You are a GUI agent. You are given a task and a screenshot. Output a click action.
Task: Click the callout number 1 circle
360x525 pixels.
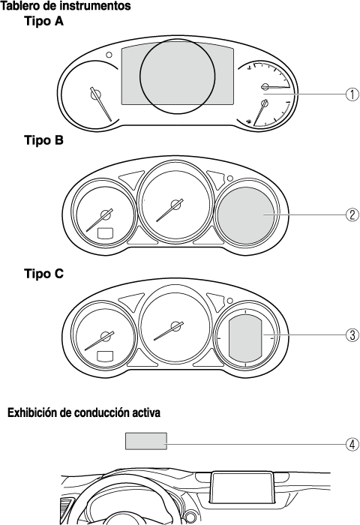pos(352,94)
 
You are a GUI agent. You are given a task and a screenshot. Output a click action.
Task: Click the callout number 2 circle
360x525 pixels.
pos(352,214)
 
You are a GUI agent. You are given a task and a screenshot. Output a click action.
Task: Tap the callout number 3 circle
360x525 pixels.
pos(352,334)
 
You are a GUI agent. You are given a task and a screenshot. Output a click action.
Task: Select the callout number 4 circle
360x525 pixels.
pos(352,445)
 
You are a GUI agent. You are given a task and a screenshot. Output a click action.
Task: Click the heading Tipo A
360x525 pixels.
pos(43,22)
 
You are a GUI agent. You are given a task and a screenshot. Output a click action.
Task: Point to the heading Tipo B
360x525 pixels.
pos(43,139)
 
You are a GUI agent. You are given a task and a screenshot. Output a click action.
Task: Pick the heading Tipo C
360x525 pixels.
pos(43,274)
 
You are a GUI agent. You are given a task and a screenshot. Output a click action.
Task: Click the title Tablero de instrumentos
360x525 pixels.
pos(66,6)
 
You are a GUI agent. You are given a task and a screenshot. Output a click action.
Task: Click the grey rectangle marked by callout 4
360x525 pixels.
pos(146,441)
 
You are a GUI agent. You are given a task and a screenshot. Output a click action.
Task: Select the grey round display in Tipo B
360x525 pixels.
pos(246,214)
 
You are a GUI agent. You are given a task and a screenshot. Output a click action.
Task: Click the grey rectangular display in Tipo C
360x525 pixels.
pos(245,339)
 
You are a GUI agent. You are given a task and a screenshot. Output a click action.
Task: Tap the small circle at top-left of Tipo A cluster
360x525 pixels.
pos(109,55)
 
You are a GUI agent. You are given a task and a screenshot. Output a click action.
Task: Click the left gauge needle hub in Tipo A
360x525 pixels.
pos(95,95)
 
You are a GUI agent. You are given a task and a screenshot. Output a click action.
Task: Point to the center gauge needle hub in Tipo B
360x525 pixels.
pos(175,204)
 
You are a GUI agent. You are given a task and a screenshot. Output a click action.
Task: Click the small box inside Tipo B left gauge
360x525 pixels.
pos(105,233)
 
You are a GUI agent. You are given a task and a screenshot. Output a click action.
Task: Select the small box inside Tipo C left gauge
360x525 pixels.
pos(105,356)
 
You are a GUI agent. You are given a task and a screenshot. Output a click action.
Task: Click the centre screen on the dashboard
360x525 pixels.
pos(241,487)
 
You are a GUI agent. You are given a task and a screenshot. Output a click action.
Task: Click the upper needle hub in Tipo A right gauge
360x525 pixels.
pos(265,87)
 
